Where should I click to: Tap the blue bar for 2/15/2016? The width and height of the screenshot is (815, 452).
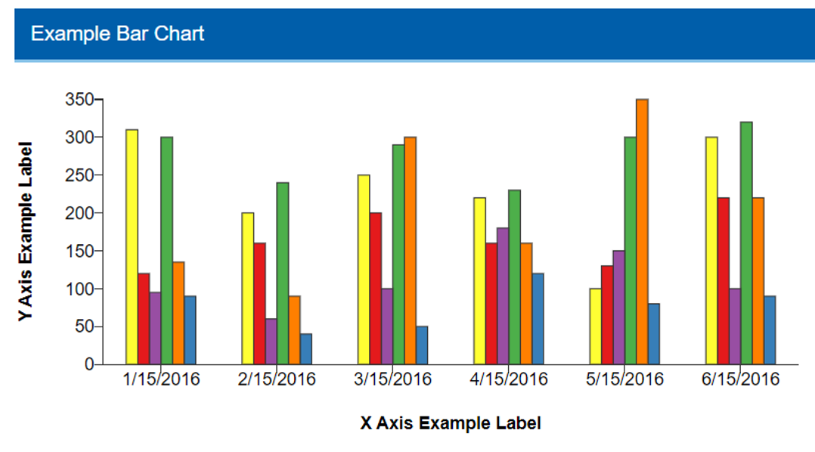click(x=305, y=348)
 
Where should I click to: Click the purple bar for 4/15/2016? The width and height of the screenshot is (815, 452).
click(x=503, y=296)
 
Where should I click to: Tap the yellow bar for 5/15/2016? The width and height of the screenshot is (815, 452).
click(x=595, y=326)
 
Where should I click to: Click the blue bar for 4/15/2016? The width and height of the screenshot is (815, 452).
click(x=538, y=318)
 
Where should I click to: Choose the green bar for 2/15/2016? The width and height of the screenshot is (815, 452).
click(x=283, y=273)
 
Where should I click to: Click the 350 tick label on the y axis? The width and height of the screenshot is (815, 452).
click(x=79, y=100)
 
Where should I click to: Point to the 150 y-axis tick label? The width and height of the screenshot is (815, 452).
click(x=79, y=251)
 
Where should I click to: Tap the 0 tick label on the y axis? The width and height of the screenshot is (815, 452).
click(x=88, y=364)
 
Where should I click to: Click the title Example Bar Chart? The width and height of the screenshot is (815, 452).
click(x=117, y=34)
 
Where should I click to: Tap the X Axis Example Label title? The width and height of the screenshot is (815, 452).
click(x=451, y=423)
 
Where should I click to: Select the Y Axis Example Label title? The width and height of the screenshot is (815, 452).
click(x=26, y=231)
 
